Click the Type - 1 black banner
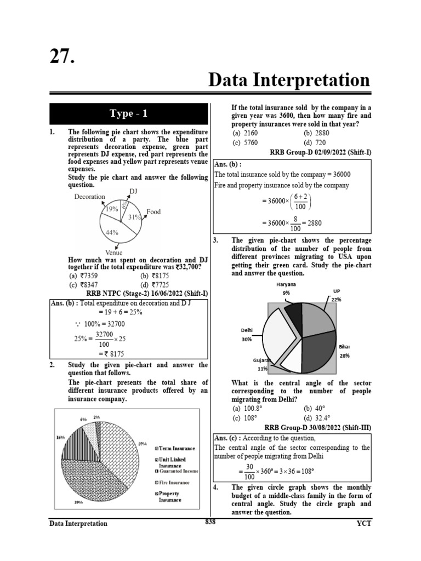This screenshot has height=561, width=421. pos(128,113)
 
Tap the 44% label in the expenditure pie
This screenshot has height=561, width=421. pos(112,232)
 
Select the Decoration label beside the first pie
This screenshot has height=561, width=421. pos(89,197)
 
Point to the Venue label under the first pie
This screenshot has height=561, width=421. pos(113,253)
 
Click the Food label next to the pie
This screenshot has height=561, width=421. pos(153,212)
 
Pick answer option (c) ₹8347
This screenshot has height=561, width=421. pos(81,285)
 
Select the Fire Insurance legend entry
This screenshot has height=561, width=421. pos(174,483)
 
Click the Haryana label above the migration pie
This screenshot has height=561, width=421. pos(286,284)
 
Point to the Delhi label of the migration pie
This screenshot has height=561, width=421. pos(246,330)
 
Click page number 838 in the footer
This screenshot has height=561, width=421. pos(210,522)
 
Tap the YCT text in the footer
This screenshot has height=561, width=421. pos(363,524)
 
